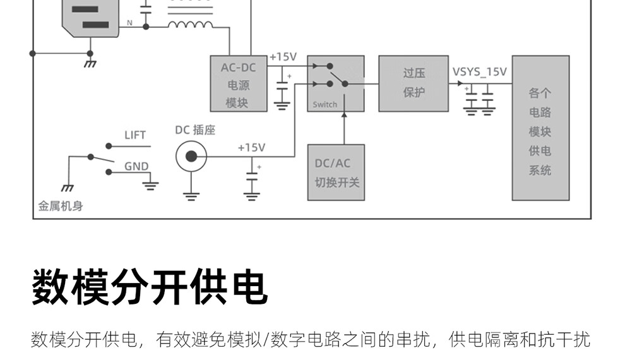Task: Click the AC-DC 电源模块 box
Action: (238, 83)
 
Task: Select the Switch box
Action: (336, 83)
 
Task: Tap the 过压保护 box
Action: (414, 83)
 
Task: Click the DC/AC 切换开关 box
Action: (336, 172)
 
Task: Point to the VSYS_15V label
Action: (479, 71)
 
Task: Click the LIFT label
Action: (134, 135)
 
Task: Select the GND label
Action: (136, 167)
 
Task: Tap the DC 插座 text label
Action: (195, 130)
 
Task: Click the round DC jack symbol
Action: (190, 156)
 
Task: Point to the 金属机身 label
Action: (61, 206)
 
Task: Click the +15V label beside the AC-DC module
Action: (283, 57)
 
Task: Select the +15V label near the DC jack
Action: (251, 147)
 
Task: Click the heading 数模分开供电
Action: (150, 287)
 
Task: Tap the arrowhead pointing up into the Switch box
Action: (345, 115)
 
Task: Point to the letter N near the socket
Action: (130, 23)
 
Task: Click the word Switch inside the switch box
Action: (325, 104)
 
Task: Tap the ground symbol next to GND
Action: (150, 185)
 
